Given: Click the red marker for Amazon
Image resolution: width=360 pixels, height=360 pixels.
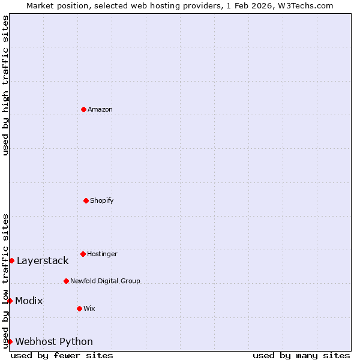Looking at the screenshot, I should [x=83, y=109].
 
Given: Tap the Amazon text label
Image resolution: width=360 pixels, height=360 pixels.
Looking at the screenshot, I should [x=100, y=109].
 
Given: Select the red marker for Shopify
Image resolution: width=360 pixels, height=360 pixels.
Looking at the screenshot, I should [x=86, y=200].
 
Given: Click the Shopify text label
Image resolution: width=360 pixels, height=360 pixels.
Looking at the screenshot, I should [x=102, y=200].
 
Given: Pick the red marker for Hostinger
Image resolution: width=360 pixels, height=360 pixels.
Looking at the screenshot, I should [x=83, y=254].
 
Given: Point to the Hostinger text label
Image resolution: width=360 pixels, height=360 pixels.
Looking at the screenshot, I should [x=102, y=254].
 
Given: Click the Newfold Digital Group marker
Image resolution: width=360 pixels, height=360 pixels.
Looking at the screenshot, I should [x=66, y=281].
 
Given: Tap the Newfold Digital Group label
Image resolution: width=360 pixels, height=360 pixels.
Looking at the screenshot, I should [x=105, y=281].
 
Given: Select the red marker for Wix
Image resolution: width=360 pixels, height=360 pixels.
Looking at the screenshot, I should [x=79, y=308].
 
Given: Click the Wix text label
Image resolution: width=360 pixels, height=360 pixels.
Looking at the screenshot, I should [x=89, y=308].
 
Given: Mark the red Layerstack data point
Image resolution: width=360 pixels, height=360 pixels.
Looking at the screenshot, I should [x=11, y=260].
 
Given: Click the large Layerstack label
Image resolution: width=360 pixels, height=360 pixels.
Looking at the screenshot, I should [x=43, y=260].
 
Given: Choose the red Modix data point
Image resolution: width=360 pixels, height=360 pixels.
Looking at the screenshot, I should [x=10, y=301].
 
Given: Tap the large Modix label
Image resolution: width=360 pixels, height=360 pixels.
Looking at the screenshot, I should [x=29, y=301].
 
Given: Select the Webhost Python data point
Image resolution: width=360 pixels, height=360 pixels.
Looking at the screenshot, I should [x=10, y=341].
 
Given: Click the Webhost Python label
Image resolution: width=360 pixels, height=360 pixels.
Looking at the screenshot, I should [x=54, y=341].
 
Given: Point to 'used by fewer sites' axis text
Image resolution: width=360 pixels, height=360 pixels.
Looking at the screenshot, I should [x=62, y=355].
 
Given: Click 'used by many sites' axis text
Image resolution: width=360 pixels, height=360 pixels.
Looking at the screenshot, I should [x=301, y=355].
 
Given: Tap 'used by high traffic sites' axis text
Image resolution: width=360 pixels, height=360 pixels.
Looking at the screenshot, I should [x=5, y=85].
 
